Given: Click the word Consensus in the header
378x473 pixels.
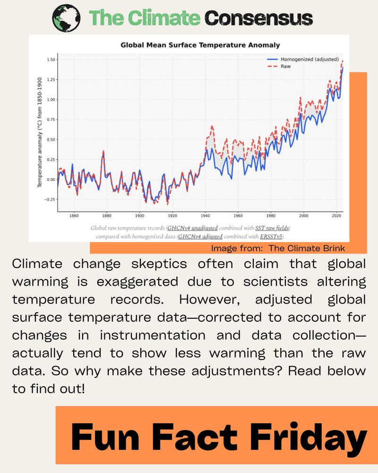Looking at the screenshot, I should (x=259, y=18).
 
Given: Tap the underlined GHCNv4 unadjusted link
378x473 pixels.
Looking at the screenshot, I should (x=192, y=228).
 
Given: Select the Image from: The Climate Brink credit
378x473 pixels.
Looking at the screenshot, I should (x=278, y=248).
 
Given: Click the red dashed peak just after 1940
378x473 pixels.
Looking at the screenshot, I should (x=212, y=126).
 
